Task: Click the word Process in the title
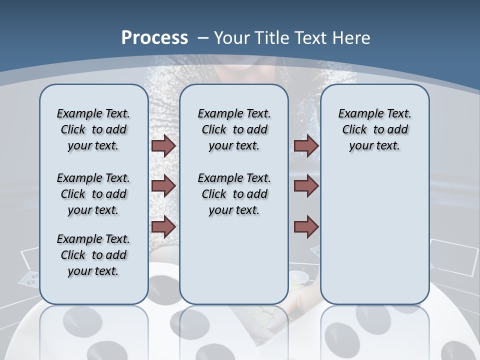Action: [154, 37]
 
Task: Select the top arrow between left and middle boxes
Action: [163, 145]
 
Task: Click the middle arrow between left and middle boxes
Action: [163, 186]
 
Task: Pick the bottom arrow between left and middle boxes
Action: [163, 227]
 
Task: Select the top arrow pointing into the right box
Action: [306, 145]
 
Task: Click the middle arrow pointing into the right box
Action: [306, 186]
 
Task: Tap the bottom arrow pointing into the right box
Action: [306, 227]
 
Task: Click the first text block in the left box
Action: [93, 129]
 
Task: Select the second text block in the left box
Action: [93, 194]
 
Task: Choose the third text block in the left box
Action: [93, 255]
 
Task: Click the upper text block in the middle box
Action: [234, 129]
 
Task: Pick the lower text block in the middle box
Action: [234, 194]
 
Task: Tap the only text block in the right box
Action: [374, 129]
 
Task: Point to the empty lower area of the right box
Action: [374, 235]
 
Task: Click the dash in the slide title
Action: [202, 38]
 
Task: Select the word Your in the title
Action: [232, 38]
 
